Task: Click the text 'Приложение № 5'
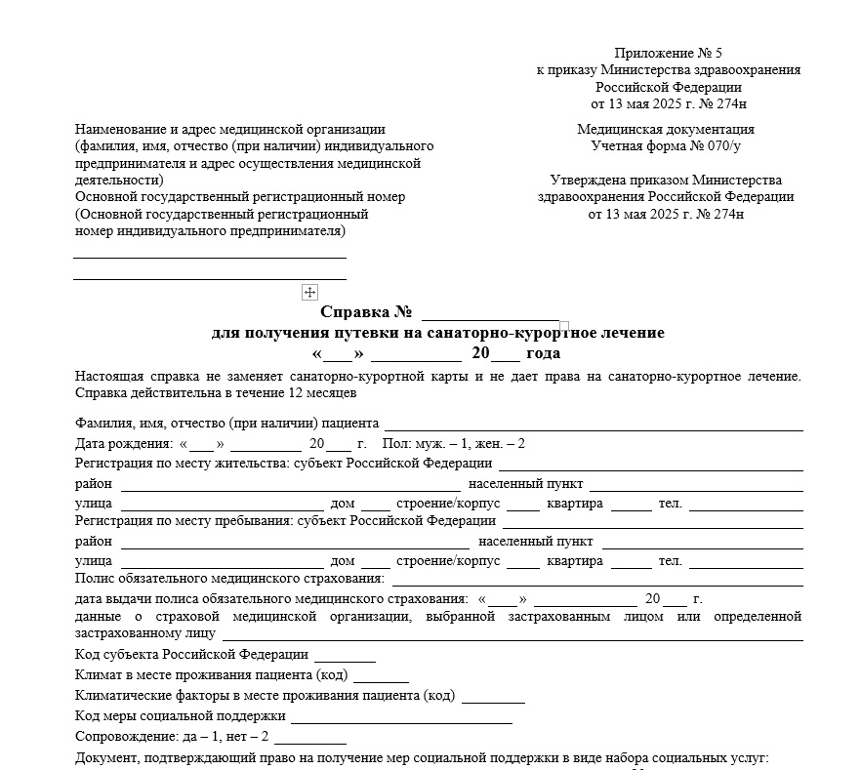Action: [x=668, y=53]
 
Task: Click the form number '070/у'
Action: [x=720, y=146]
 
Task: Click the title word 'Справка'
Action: [x=353, y=313]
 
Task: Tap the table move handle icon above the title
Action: [x=309, y=292]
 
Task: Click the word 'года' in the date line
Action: [x=543, y=353]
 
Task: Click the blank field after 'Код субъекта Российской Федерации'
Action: [x=345, y=655]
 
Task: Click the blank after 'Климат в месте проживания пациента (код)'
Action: [x=381, y=675]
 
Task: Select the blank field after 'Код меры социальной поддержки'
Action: [x=401, y=716]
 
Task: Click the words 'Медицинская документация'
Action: [x=666, y=129]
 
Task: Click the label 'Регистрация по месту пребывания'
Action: [x=184, y=520]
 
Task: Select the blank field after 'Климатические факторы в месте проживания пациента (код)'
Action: [x=493, y=696]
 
